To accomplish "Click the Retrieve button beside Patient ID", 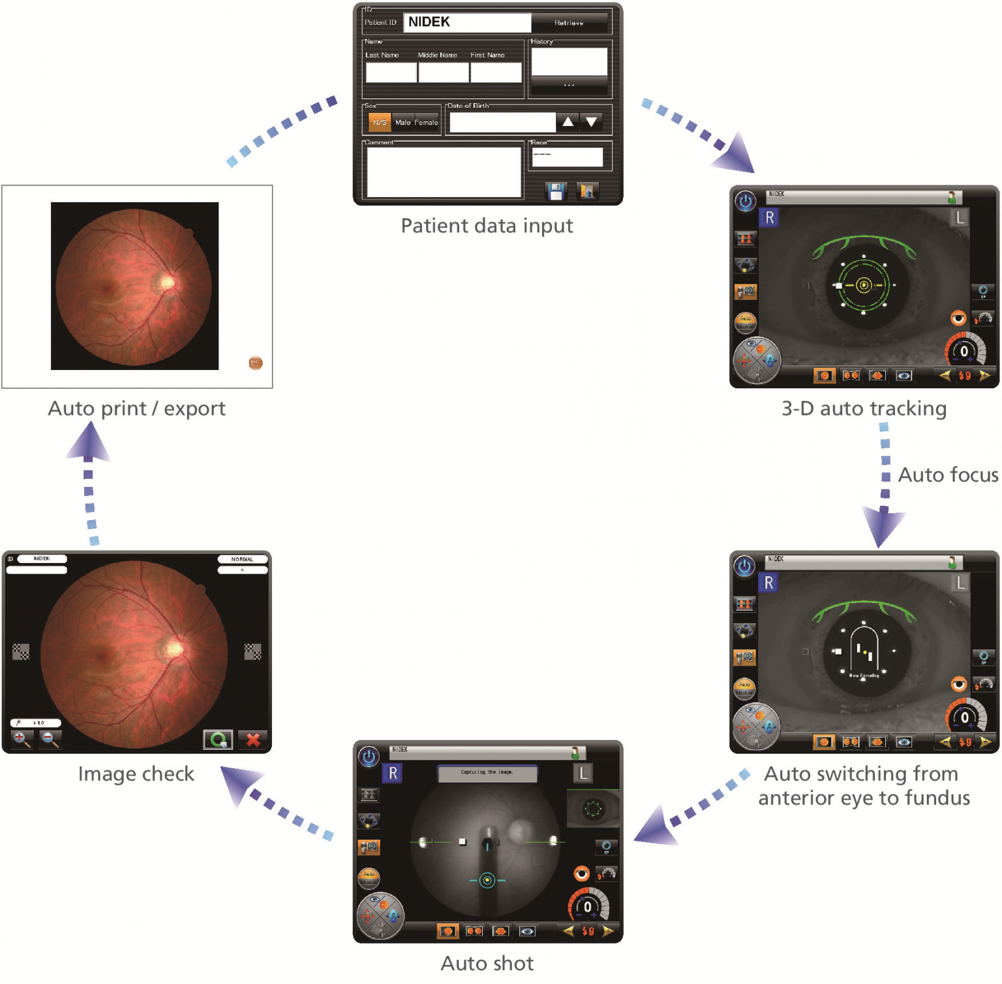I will (569, 23).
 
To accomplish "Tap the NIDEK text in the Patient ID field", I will (429, 22).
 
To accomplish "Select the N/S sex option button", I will (380, 122).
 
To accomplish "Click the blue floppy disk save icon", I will (556, 191).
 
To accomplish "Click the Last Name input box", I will (391, 72).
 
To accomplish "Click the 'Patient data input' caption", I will (487, 226).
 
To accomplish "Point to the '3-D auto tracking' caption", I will (864, 408).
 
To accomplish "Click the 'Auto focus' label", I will (948, 475).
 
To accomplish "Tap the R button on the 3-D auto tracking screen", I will (770, 218).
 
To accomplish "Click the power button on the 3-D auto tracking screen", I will (746, 201).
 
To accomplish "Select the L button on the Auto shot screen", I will (583, 773).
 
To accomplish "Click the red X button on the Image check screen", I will (253, 739).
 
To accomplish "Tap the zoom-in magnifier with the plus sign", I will (22, 739).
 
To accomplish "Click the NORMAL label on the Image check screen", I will (242, 559).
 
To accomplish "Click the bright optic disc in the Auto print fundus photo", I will (166, 282).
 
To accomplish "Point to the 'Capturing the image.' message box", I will (487, 773).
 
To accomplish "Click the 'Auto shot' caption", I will (487, 963).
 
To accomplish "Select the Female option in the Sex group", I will (427, 122).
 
